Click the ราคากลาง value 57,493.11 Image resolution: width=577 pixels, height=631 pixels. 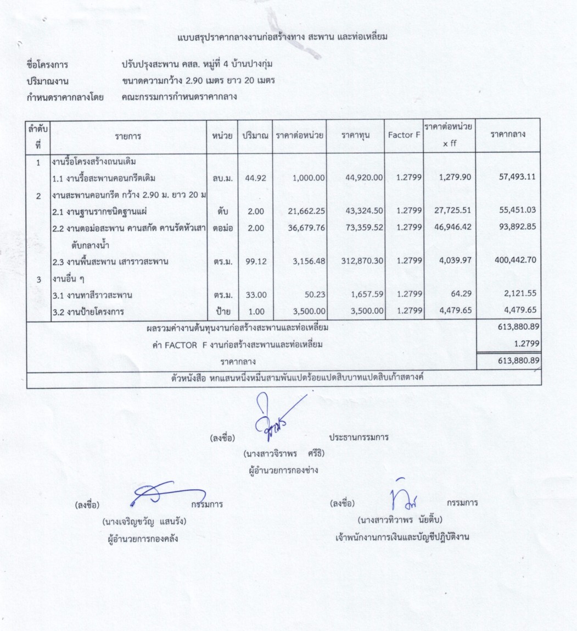[517, 176]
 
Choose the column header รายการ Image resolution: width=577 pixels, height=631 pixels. [127, 136]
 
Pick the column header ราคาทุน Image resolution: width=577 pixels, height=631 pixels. [355, 136]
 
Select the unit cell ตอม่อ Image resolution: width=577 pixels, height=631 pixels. [222, 227]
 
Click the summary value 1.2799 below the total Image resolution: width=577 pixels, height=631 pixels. [528, 344]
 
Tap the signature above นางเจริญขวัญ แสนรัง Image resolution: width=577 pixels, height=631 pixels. [165, 493]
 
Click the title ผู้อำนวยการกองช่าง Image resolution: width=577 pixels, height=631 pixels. [283, 470]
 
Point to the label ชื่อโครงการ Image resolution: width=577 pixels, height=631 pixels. [47, 65]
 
